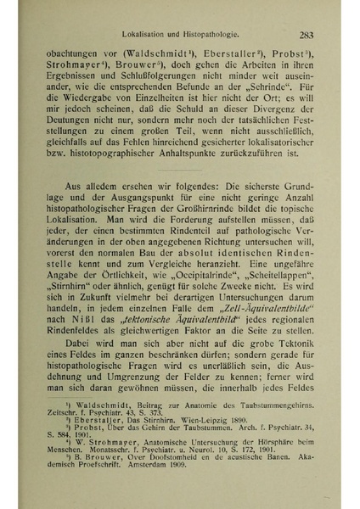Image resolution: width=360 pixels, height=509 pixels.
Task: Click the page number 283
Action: point(307,35)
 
